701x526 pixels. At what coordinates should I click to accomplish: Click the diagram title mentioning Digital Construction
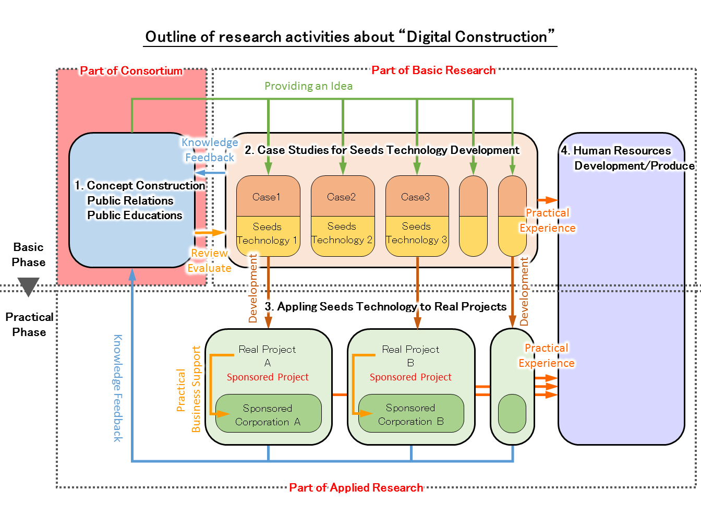click(x=350, y=37)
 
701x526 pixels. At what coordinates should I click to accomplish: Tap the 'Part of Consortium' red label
click(x=131, y=71)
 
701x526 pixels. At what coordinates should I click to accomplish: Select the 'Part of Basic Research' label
click(x=433, y=70)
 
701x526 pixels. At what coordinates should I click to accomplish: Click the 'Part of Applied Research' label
click(x=356, y=488)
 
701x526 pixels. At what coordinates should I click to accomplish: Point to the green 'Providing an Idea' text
click(x=308, y=86)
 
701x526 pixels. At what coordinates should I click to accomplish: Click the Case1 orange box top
click(x=268, y=197)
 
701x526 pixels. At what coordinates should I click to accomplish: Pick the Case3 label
click(x=416, y=197)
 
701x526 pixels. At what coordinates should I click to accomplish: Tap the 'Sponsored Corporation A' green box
click(x=268, y=415)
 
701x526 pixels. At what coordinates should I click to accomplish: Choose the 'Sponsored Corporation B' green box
click(x=411, y=414)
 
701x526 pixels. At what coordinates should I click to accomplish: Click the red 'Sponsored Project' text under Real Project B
click(x=410, y=377)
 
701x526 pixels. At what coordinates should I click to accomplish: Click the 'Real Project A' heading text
click(x=267, y=355)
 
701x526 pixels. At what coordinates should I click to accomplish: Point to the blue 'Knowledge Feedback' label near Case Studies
click(x=210, y=150)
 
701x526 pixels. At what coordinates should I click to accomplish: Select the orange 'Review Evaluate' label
click(x=209, y=260)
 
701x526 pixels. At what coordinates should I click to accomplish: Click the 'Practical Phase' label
click(x=29, y=325)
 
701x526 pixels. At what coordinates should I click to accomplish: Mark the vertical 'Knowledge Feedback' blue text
click(x=118, y=388)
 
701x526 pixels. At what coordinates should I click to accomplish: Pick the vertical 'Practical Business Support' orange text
click(x=188, y=390)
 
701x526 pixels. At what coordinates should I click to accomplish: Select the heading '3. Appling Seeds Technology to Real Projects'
click(x=385, y=307)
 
